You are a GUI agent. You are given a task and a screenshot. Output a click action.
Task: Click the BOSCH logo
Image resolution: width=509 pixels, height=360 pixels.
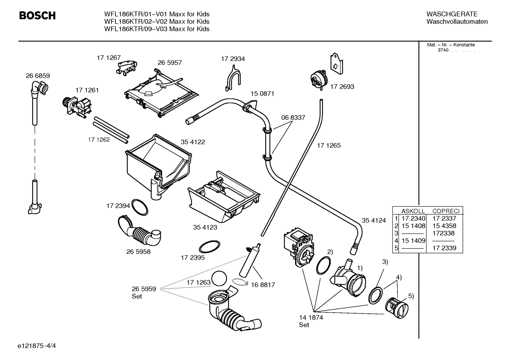tap(37, 16)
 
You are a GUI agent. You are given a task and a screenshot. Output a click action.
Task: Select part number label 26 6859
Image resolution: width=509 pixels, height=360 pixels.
tap(38, 76)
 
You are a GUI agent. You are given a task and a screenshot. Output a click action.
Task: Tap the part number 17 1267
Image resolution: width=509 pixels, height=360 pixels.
tap(109, 58)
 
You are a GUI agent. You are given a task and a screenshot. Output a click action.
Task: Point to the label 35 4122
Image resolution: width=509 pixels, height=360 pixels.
tap(193, 142)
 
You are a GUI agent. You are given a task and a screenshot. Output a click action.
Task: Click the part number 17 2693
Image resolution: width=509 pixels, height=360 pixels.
tap(342, 87)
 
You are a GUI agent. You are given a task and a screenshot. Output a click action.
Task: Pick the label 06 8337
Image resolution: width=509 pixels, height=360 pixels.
tap(293, 118)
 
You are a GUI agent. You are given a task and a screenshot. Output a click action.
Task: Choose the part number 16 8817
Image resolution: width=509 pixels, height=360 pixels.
tap(263, 285)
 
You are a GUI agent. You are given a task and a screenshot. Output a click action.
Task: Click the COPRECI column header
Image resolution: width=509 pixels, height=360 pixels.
tap(445, 211)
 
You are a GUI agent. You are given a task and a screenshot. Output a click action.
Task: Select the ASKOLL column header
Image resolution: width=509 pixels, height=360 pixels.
tap(413, 211)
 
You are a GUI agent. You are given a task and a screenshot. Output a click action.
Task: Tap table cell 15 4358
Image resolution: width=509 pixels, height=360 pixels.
tap(444, 226)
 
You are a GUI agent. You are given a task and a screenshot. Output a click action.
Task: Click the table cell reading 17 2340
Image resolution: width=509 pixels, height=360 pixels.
tap(413, 218)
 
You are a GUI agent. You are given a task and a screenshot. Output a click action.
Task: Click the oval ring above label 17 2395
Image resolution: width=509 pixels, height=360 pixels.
tap(210, 246)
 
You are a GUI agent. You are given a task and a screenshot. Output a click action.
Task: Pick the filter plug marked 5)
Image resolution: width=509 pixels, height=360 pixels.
tap(397, 306)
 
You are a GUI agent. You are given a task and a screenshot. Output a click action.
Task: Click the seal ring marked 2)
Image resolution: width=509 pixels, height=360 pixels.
tap(323, 265)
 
